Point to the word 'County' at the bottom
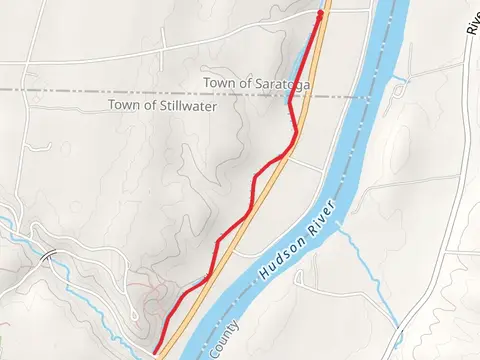click(224, 339)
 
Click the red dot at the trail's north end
click(320, 13)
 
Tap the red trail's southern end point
click(156, 350)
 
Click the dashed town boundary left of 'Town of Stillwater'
click(50, 90)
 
